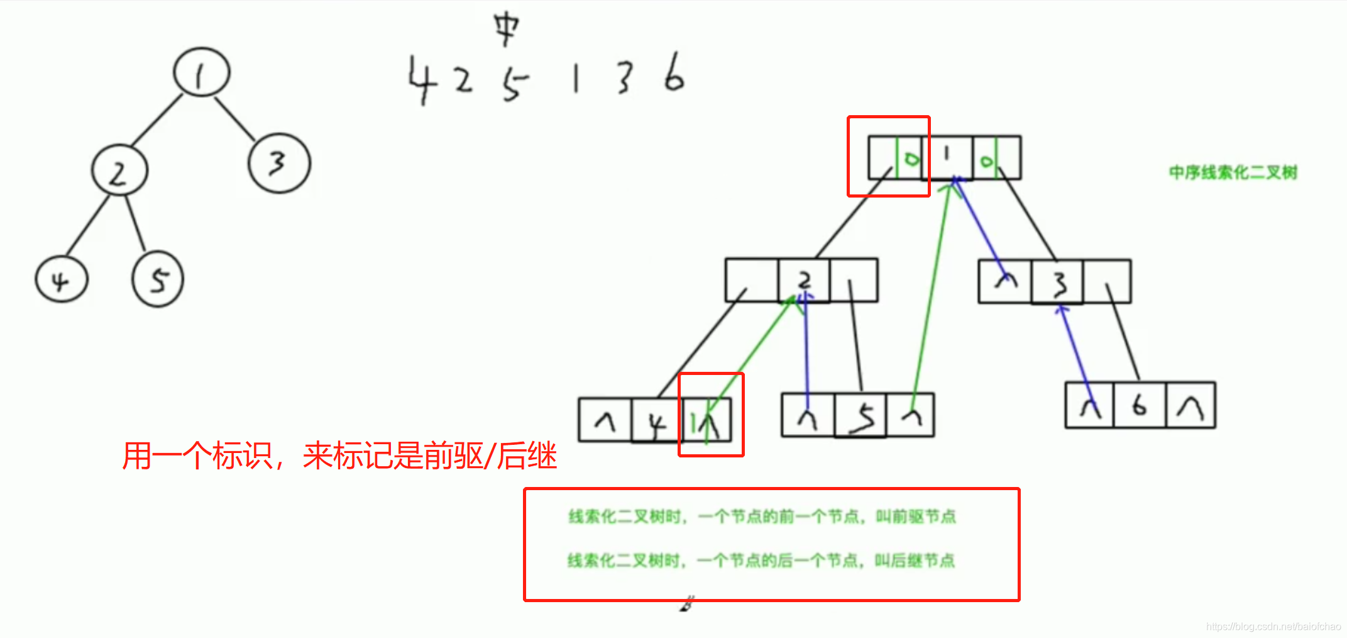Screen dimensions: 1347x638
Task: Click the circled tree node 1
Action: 202,72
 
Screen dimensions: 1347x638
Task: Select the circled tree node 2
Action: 119,171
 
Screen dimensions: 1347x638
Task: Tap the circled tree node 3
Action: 279,163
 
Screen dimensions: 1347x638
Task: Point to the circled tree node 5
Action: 158,279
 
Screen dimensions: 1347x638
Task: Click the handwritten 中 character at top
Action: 506,28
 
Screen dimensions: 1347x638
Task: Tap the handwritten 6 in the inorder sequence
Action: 674,74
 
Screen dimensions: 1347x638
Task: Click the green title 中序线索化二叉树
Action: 1233,172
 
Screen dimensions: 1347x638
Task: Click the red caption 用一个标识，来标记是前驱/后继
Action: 339,456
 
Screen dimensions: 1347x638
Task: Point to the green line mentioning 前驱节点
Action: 762,517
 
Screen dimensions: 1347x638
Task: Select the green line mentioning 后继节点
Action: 761,560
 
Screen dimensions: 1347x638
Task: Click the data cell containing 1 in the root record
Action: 947,157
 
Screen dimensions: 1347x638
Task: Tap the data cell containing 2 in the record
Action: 804,280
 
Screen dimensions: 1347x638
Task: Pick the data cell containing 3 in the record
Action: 1057,281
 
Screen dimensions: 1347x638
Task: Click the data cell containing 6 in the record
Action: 1140,406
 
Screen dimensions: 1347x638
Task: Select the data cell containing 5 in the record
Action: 861,415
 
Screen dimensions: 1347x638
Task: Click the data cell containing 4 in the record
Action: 657,420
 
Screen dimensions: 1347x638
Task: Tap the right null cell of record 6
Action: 1190,406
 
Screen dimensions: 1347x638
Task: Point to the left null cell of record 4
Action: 605,420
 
